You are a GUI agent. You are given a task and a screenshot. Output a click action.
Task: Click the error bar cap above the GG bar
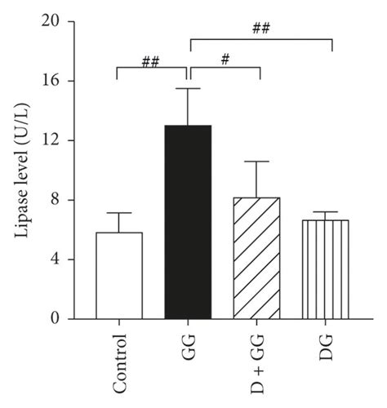pyautogui.click(x=189, y=88)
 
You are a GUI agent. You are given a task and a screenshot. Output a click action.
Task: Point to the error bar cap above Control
pyautogui.click(x=118, y=213)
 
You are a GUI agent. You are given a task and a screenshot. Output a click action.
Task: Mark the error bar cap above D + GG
pyautogui.click(x=258, y=162)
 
